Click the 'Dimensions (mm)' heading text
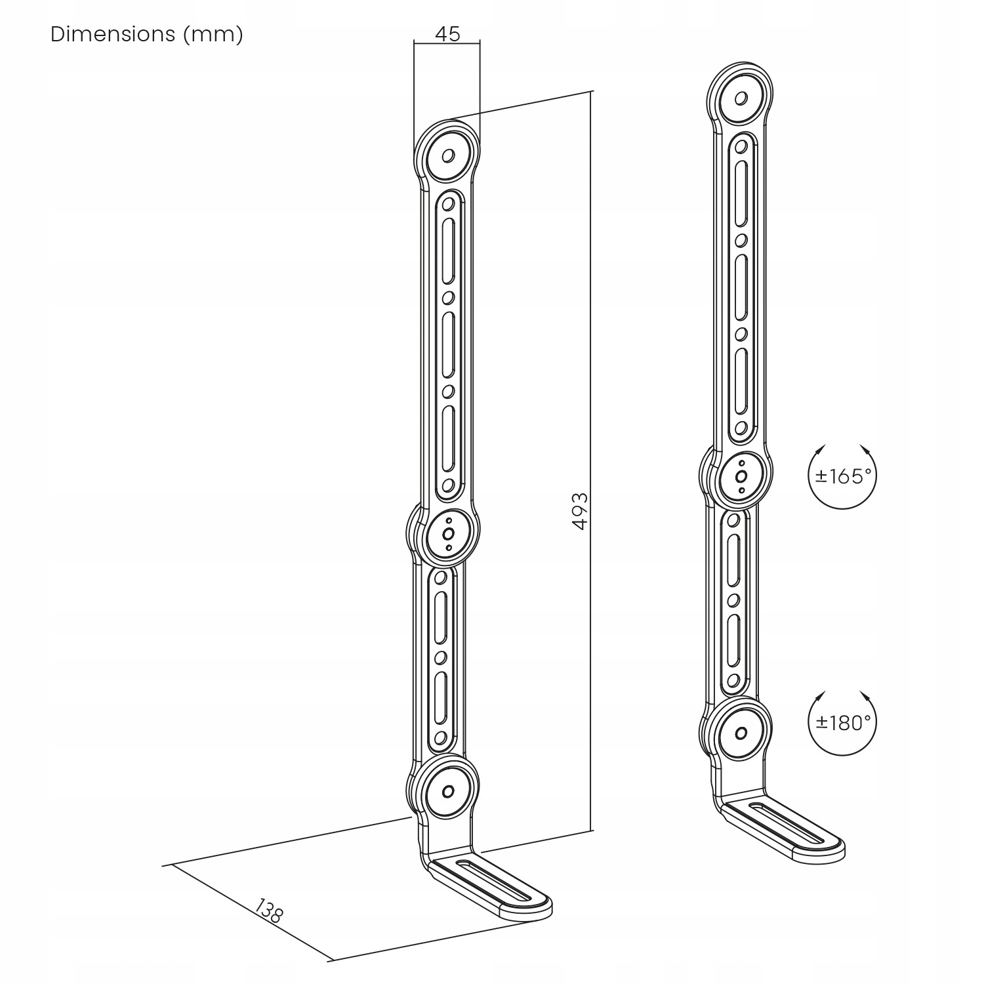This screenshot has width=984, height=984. (x=146, y=34)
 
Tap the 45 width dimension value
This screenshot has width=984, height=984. (x=447, y=33)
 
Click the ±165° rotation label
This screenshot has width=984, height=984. (x=842, y=476)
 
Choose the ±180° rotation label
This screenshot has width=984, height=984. (x=842, y=722)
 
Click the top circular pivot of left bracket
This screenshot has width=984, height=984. (x=449, y=156)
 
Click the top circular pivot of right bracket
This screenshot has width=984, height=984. (x=741, y=98)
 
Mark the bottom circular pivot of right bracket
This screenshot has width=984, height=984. (x=741, y=733)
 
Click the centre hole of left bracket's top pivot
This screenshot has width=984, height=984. (x=449, y=156)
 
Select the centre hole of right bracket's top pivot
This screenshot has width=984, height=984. (x=741, y=98)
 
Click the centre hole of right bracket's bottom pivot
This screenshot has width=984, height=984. (x=741, y=733)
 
